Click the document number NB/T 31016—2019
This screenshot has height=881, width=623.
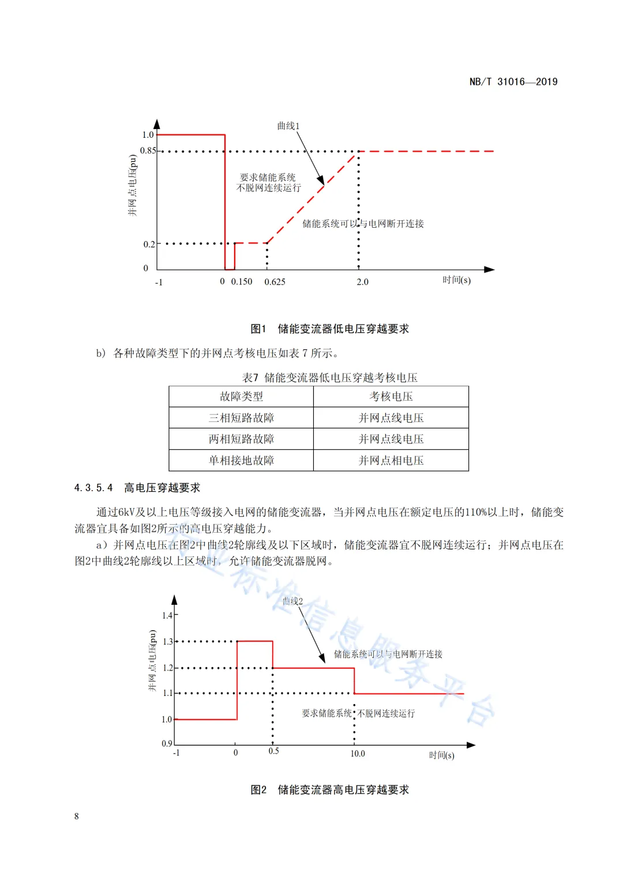point(513,82)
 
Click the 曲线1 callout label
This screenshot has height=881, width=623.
point(288,126)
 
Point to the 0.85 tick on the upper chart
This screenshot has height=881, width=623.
point(148,150)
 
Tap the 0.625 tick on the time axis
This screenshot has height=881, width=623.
point(275,282)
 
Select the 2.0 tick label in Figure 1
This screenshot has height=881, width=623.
point(362,282)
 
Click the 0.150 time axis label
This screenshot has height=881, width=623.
point(242,282)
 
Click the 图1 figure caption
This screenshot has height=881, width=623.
point(329,329)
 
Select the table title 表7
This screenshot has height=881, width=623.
point(329,378)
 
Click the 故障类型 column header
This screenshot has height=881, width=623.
point(241,397)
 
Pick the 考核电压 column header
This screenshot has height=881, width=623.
point(391,397)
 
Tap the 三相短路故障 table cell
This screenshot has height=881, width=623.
point(241,418)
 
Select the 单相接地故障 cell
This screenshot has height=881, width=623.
point(241,461)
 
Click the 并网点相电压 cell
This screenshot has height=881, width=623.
point(391,461)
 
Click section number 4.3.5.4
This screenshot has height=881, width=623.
point(93,488)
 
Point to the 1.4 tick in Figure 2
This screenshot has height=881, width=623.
point(167,615)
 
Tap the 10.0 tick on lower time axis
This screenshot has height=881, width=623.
point(358,754)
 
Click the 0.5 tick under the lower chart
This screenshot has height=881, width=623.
point(273,751)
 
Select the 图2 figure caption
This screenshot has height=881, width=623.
point(329,790)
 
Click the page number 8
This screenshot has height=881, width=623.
point(77,816)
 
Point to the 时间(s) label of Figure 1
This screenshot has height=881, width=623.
point(456,280)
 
